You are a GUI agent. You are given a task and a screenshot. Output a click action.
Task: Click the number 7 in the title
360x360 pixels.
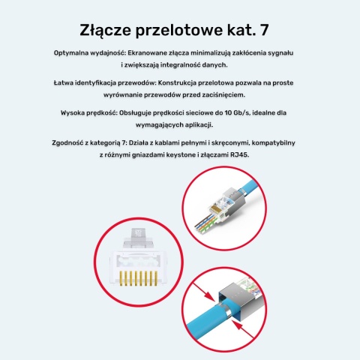pyautogui.click(x=274, y=31)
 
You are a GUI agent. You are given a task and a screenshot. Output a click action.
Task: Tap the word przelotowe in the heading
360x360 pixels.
pyautogui.click(x=186, y=31)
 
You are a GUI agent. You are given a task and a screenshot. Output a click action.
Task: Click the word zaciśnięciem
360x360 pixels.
pyautogui.click(x=241, y=95)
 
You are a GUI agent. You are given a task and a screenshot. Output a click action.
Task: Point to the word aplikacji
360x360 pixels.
pyautogui.click(x=205, y=124)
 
